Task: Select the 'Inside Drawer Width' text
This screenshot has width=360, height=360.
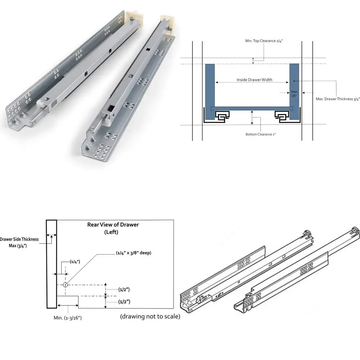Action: (x=255, y=80)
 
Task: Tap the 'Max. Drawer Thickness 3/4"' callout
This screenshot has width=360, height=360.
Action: (x=338, y=99)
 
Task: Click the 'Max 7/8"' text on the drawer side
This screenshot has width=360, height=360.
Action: (x=294, y=94)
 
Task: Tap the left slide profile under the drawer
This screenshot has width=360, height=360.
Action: (x=221, y=116)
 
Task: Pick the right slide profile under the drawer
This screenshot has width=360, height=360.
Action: (x=282, y=116)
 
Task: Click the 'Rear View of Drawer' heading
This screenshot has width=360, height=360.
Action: (x=113, y=225)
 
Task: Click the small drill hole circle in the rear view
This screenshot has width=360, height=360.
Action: (x=65, y=285)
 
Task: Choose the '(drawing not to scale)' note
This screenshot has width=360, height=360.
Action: (x=150, y=317)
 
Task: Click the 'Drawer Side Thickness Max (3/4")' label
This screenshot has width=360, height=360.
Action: (x=19, y=242)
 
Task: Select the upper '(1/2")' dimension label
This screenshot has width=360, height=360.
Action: (x=124, y=289)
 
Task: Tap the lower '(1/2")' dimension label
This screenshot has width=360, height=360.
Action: (x=124, y=302)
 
